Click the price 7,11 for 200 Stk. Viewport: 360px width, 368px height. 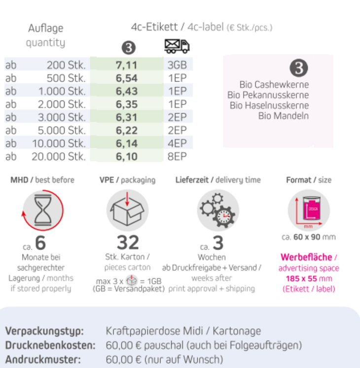(127, 65)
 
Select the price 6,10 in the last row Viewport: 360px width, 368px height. (127, 157)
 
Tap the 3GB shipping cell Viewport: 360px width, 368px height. (177, 65)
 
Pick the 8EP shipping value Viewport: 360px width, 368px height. (177, 157)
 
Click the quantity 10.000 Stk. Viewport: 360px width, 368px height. (59, 143)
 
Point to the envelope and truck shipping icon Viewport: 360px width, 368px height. (177, 46)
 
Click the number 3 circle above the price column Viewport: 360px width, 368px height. (128, 47)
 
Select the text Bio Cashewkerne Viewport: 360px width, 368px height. (274, 85)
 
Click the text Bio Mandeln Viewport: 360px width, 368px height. (284, 116)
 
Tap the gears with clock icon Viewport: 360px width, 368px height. (217, 210)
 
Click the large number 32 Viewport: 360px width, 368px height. (128, 242)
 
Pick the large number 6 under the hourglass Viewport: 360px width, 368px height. (40, 243)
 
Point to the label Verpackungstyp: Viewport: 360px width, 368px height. (44, 331)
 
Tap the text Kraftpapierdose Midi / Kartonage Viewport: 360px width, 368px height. (183, 331)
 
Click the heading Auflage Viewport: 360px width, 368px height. (45, 28)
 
